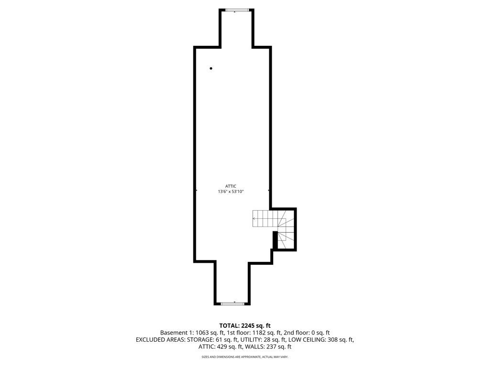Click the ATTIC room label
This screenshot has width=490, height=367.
tap(231, 186)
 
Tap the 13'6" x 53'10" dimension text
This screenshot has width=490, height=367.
tap(231, 192)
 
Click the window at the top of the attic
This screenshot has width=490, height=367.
tap(234, 10)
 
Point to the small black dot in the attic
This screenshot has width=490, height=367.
tap(211, 68)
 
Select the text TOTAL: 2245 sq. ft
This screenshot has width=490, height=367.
tap(245, 325)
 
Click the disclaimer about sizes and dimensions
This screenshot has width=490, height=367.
tap(245, 357)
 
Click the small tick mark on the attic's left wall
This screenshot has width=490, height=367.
tap(196, 190)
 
